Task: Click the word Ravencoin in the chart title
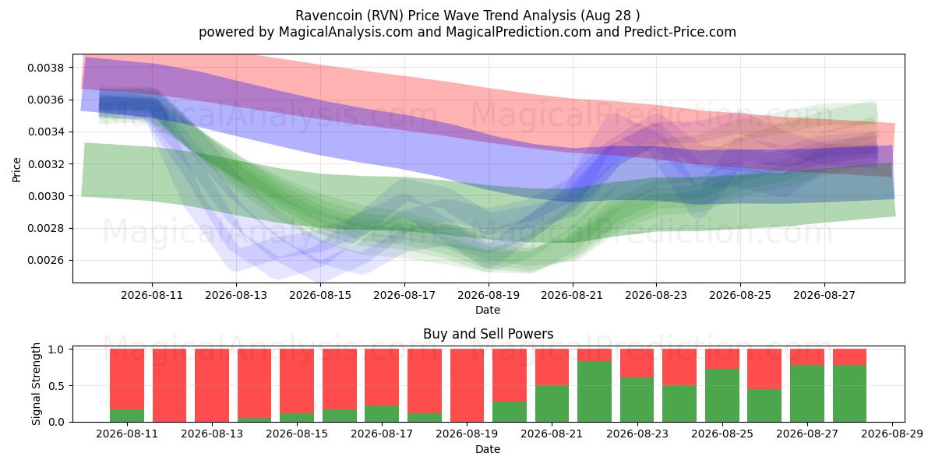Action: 330,16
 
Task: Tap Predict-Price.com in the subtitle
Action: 680,32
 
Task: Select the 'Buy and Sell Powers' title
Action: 488,334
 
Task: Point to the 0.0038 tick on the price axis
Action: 45,68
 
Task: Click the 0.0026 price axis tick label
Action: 45,261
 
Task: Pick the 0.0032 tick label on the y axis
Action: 45,164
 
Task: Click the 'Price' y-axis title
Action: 16,170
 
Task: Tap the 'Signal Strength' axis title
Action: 36,384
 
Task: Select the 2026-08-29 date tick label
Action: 892,434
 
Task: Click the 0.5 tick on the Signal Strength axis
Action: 56,386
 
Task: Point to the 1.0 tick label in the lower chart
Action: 56,349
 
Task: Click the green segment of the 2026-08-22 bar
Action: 595,392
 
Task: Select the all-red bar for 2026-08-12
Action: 170,385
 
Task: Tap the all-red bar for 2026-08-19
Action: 467,385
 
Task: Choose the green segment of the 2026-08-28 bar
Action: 849,394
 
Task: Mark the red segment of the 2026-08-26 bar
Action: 764,369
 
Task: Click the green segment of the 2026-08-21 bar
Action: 552,404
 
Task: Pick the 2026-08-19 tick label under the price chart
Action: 489,295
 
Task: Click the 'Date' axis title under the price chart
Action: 488,310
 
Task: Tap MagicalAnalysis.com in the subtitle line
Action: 346,32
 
